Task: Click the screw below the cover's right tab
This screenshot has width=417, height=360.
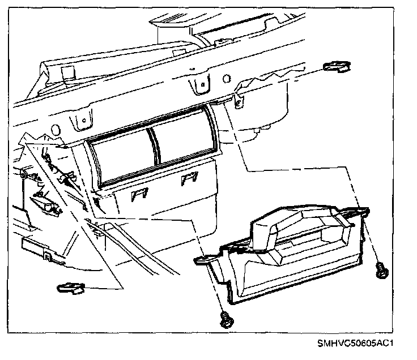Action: click(382, 270)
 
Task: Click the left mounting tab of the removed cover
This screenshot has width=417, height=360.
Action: click(204, 260)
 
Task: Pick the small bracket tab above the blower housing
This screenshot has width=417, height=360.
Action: click(238, 101)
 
